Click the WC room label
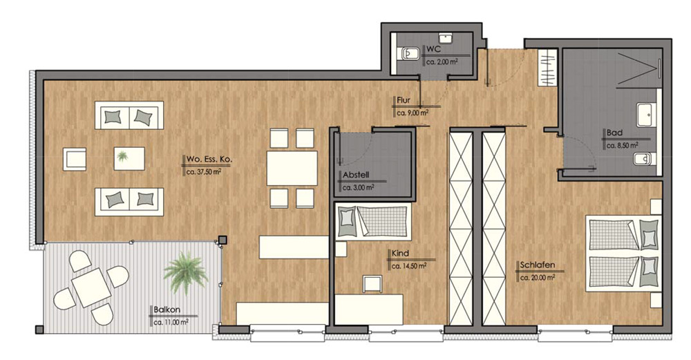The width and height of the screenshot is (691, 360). (x=433, y=49)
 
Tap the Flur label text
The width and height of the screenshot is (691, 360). (x=404, y=100)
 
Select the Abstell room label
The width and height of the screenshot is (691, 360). (x=356, y=175)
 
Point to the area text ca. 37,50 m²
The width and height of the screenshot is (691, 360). (x=204, y=172)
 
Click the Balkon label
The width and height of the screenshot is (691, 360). (x=167, y=310)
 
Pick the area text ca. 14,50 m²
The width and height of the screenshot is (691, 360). (x=409, y=266)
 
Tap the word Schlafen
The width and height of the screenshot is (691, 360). (x=537, y=265)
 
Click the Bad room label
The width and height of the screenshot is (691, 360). (x=614, y=133)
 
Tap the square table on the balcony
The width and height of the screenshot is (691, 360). (x=91, y=287)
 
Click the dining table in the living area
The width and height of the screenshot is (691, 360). (x=292, y=168)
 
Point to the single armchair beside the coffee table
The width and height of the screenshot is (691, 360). (x=74, y=159)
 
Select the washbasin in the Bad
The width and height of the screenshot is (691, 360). (x=646, y=115)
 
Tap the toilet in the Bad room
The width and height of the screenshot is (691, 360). (x=645, y=159)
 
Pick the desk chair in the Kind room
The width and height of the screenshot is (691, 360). (x=372, y=284)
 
